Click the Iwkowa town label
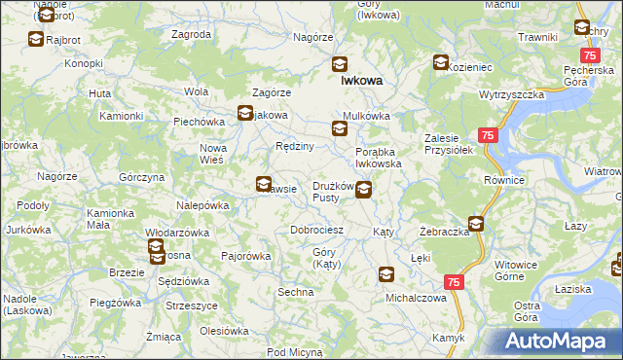360,82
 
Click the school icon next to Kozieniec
441,63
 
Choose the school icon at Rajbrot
36,40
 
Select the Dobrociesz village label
317,230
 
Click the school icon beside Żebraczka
476,223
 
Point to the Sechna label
295,292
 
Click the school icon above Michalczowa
386,275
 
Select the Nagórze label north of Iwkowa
313,37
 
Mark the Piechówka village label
200,123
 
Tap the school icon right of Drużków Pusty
363,191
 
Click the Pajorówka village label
245,256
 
